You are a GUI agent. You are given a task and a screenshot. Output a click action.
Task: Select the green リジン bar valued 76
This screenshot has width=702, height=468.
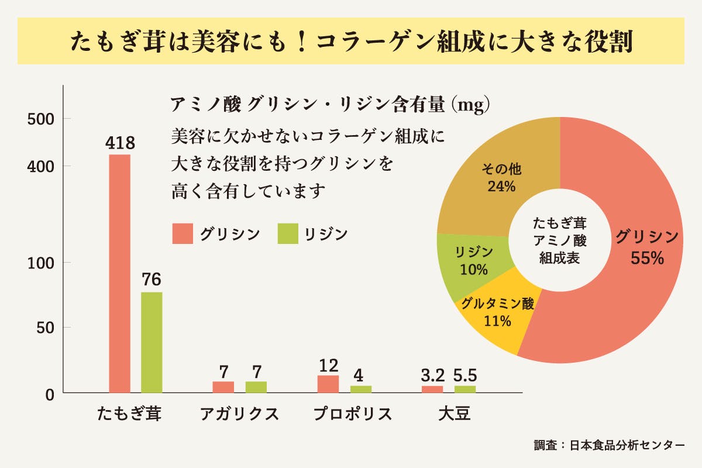(152, 342)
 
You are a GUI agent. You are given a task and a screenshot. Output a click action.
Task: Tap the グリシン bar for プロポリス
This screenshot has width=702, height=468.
(328, 384)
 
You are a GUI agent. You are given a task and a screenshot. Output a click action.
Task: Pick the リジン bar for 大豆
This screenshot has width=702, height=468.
(465, 389)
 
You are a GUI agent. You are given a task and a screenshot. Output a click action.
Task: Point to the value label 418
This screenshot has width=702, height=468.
(120, 143)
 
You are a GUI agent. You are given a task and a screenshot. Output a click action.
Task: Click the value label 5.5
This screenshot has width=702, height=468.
(465, 375)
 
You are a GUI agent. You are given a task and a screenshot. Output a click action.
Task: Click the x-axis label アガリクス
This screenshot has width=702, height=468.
(239, 414)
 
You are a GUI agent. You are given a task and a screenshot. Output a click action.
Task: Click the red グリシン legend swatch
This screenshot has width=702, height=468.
(183, 233)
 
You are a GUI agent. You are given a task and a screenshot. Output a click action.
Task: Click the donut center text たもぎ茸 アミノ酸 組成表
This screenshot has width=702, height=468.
(560, 240)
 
